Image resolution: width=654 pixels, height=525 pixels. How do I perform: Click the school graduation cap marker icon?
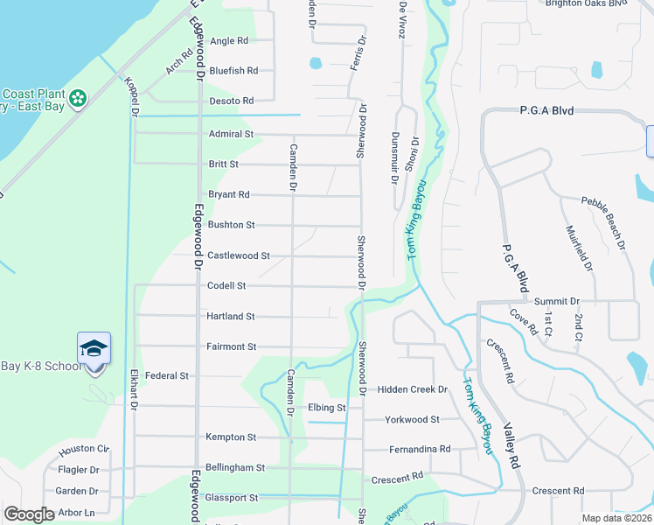(94, 349)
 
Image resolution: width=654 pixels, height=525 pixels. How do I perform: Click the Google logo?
(29, 514)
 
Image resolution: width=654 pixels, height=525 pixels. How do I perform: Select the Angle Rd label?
(229, 40)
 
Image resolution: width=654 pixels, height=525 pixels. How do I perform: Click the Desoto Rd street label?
(231, 101)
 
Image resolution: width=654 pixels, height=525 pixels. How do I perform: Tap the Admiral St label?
(231, 134)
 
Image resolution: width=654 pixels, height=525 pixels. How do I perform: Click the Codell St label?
(226, 285)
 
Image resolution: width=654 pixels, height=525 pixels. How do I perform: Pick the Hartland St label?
(231, 316)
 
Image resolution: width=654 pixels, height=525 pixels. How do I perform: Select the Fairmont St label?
(231, 346)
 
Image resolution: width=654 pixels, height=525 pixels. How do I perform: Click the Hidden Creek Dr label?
(412, 388)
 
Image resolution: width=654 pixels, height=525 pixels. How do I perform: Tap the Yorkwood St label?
(413, 419)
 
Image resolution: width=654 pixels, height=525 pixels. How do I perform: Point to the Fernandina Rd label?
(420, 449)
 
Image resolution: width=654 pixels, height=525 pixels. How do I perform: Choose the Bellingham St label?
(234, 467)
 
